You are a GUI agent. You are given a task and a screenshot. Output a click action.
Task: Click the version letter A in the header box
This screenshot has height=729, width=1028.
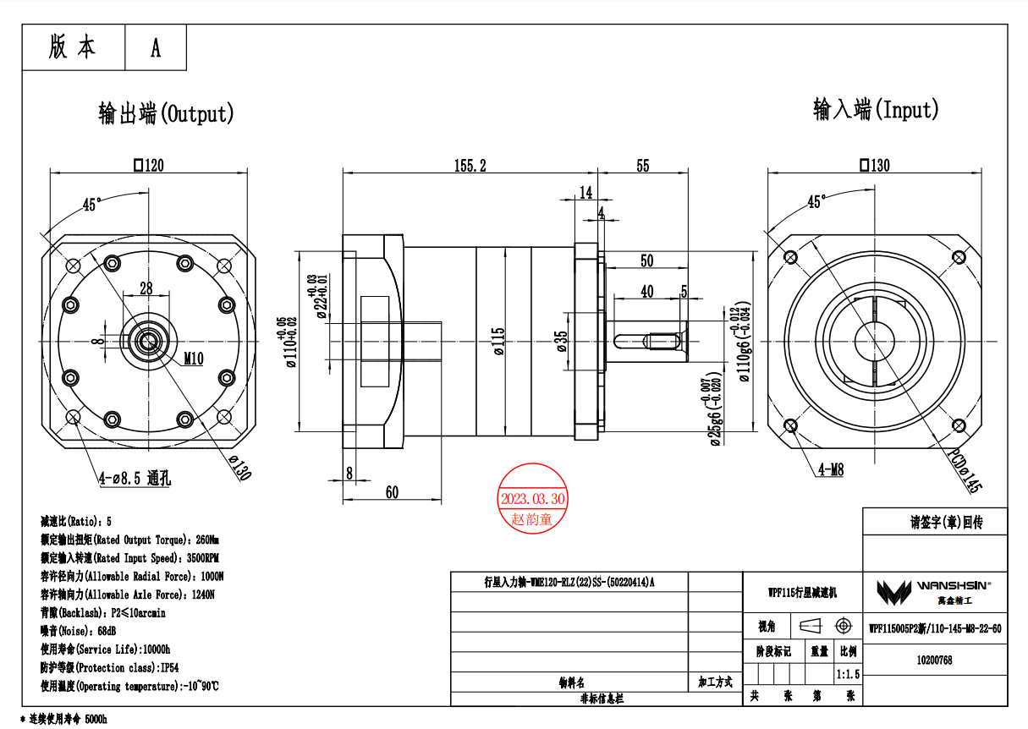click(156, 48)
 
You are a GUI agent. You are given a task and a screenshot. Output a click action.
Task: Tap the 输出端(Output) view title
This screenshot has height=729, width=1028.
click(166, 113)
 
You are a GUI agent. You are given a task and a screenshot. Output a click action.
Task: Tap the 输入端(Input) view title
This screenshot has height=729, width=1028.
click(876, 109)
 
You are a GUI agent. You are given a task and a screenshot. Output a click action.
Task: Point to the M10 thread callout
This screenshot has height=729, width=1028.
click(194, 359)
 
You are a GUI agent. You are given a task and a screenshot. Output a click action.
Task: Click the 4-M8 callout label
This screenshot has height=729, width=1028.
click(831, 470)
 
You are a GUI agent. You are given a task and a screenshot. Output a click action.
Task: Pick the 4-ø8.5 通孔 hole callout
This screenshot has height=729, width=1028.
click(135, 479)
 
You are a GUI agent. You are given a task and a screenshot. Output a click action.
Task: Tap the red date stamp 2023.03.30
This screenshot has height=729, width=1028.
click(532, 499)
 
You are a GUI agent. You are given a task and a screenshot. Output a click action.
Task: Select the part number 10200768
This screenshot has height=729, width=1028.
click(934, 660)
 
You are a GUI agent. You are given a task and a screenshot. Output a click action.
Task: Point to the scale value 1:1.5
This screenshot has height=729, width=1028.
click(847, 674)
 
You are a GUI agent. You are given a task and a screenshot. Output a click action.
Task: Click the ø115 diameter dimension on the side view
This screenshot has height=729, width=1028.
click(498, 341)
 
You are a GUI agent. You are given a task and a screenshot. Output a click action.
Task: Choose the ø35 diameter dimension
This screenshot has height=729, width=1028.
click(562, 341)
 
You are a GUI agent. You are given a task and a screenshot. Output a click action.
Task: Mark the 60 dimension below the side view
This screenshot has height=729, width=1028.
click(392, 492)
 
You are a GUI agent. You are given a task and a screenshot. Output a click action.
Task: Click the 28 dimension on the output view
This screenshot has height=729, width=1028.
click(146, 288)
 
